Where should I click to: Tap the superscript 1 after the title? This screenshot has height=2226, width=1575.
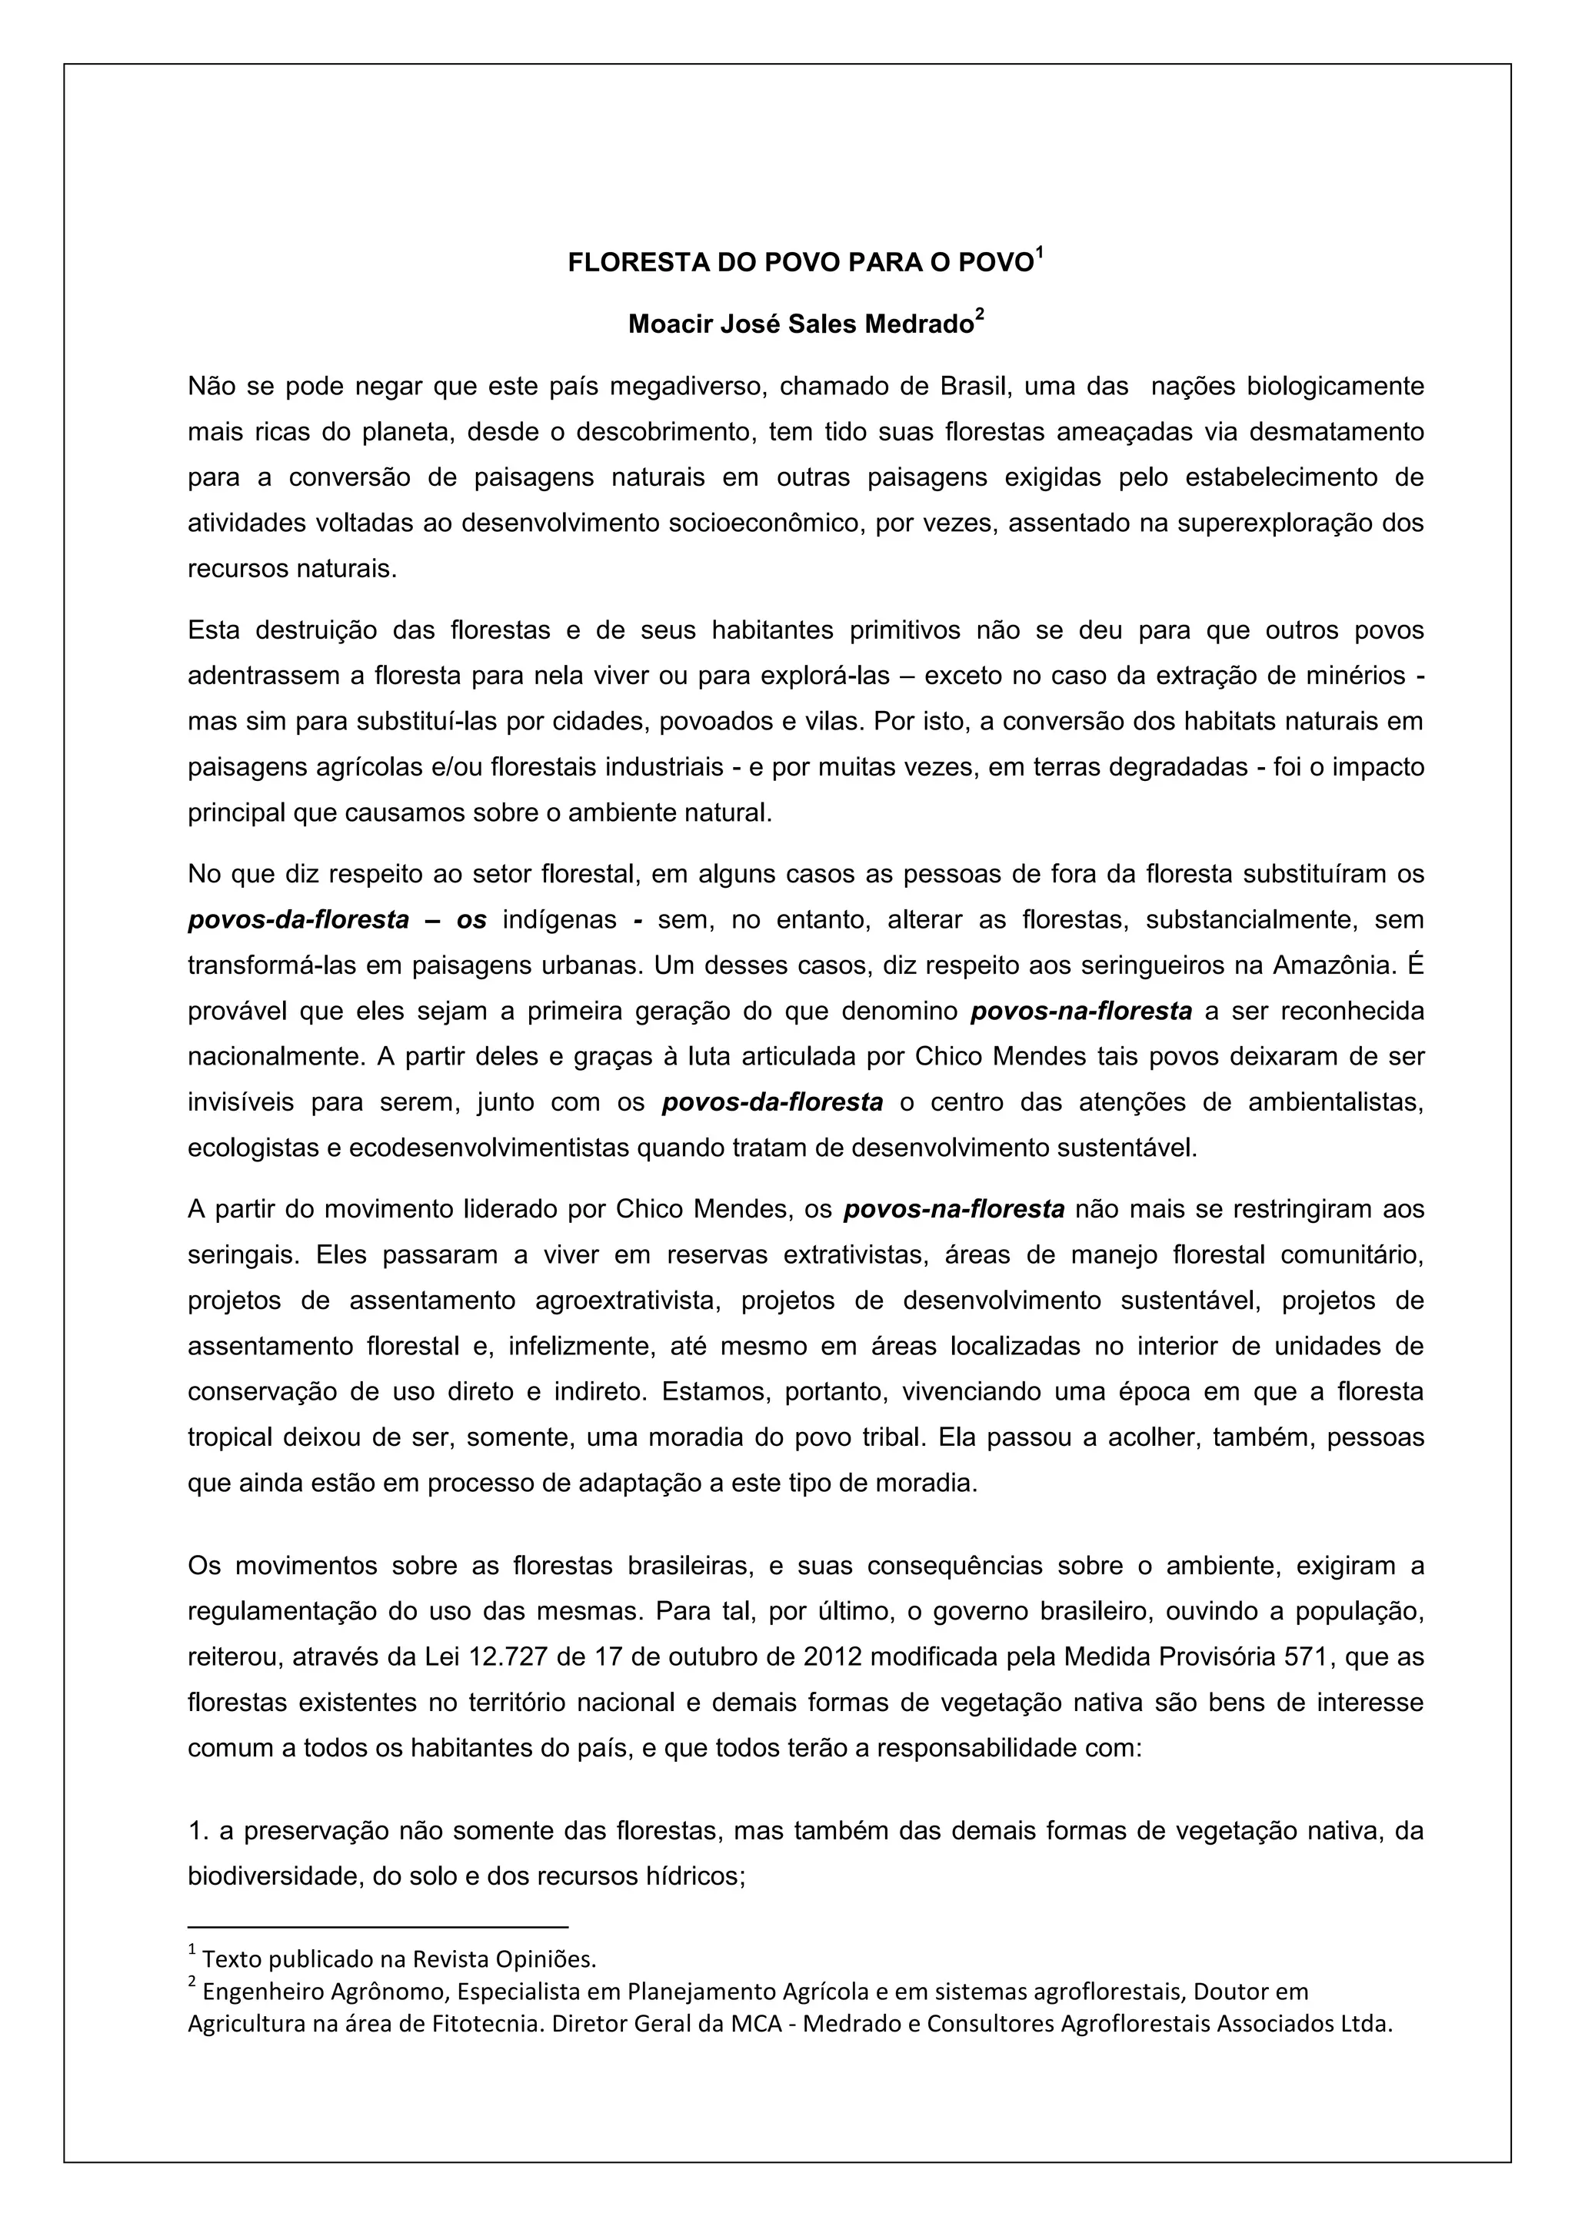[1040, 253]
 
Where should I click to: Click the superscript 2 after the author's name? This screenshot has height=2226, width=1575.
[980, 314]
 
